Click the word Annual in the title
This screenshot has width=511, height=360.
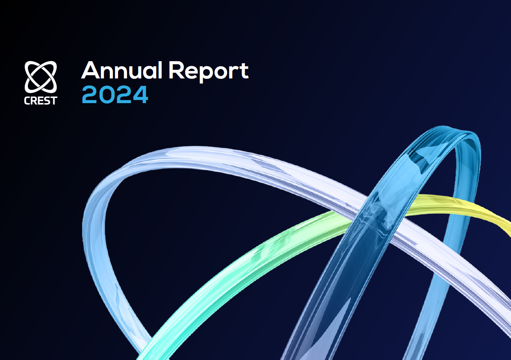point(122,70)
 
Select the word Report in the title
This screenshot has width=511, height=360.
point(208,72)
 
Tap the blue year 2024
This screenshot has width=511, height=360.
point(115,95)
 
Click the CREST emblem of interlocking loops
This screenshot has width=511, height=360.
point(41,77)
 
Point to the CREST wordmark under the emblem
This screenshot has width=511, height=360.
point(41,101)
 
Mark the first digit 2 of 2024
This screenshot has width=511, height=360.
point(90,95)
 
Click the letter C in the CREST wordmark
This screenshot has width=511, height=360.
point(27,101)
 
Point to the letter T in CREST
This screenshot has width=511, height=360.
point(54,101)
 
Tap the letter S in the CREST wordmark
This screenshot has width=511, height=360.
point(47,101)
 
